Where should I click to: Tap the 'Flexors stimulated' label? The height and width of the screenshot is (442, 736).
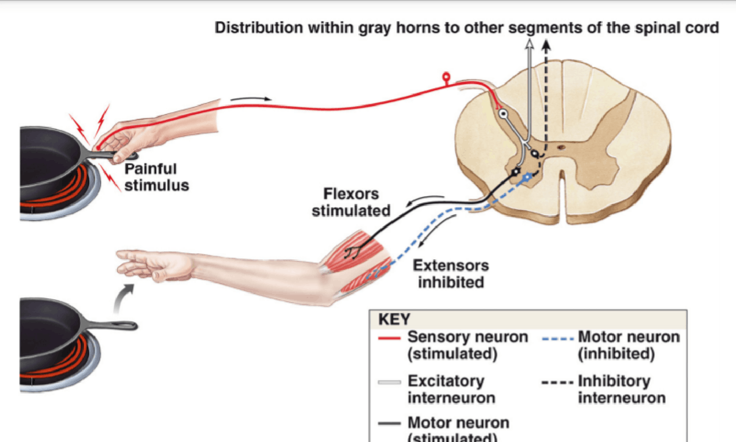pos(351,203)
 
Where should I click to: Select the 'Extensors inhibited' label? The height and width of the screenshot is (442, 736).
pos(451,274)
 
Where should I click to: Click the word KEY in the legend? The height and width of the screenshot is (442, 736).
pos(394,320)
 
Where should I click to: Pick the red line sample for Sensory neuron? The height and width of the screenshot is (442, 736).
pos(389,338)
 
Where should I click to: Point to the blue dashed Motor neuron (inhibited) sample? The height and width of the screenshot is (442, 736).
pos(558,338)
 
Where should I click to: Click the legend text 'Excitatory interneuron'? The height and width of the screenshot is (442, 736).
pos(451,389)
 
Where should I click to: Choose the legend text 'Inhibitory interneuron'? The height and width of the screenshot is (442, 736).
pos(621,389)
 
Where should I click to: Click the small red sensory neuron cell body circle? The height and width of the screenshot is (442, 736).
pos(446,75)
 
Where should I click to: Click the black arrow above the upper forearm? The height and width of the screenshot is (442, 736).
pos(251,98)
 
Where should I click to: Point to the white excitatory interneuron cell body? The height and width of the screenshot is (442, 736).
pos(503,114)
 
